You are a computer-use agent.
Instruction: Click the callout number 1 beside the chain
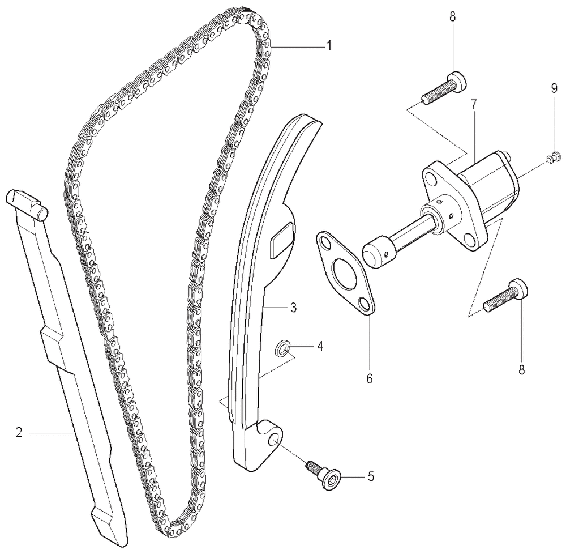[x=328, y=46]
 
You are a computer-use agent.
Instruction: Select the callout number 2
[x=19, y=432]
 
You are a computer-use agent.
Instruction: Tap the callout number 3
[x=293, y=308]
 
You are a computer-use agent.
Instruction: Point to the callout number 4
[x=320, y=346]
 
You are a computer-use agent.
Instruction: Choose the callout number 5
[x=371, y=477]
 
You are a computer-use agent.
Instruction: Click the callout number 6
[x=369, y=378]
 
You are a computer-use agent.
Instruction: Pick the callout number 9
[x=554, y=89]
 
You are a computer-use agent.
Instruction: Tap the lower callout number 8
[x=521, y=370]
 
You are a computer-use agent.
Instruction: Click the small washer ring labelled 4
[x=282, y=347]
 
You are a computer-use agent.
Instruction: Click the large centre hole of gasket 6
[x=345, y=270]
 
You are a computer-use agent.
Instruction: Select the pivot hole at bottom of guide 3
[x=275, y=440]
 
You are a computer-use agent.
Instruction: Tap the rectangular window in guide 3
[x=282, y=240]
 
